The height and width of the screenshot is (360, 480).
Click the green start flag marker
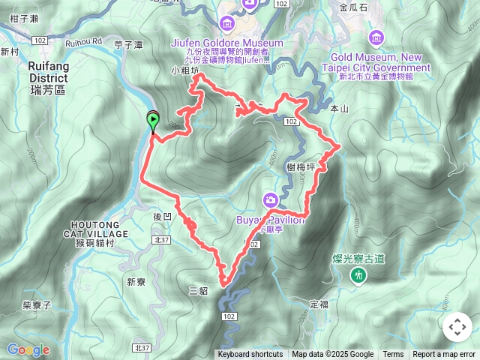click(153, 119)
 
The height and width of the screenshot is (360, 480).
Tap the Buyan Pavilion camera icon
click(270, 199)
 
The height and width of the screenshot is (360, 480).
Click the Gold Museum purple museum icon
click(376, 37)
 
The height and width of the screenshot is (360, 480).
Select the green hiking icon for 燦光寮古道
click(359, 276)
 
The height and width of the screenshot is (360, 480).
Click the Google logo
click(28, 349)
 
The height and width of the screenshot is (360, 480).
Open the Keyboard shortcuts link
click(250, 355)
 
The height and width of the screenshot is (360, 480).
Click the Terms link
click(393, 355)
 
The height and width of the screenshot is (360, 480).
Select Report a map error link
click(444, 355)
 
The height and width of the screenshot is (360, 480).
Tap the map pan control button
click(457, 327)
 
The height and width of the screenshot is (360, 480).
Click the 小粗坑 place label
click(185, 71)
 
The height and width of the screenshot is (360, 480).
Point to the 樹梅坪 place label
click(300, 167)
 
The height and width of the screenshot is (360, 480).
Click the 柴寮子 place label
click(36, 305)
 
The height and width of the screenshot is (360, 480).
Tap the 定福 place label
click(319, 304)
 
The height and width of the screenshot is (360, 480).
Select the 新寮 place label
click(136, 282)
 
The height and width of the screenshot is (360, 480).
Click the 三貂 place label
click(199, 290)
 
